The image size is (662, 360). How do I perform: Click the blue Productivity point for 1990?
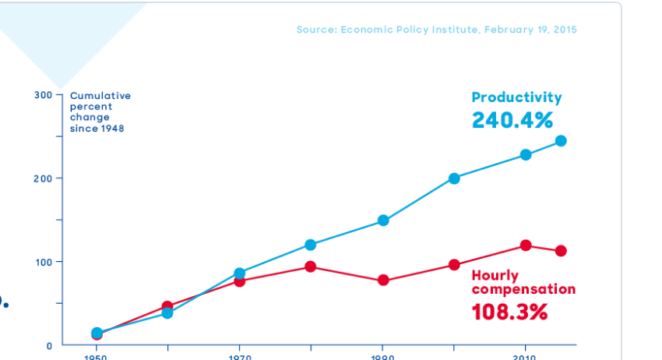point(383,221)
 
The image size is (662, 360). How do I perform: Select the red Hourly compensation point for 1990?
point(383,281)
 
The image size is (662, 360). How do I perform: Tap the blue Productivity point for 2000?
point(454,178)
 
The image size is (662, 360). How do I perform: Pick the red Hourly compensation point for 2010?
point(526,245)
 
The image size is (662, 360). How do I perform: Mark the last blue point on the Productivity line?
point(561,141)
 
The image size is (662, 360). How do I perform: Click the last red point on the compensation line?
point(561,251)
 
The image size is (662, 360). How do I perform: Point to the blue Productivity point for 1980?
point(311,245)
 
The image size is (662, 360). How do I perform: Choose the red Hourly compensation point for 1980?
point(311,266)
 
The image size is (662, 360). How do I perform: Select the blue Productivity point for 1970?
point(239,274)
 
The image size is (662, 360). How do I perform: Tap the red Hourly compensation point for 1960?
point(167,307)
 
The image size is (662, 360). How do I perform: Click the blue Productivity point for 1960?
point(167,313)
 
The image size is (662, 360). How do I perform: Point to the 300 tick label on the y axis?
point(43,95)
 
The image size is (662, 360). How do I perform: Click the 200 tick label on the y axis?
point(43,178)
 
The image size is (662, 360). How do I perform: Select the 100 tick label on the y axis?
point(43,262)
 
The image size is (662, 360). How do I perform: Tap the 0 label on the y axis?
point(48,345)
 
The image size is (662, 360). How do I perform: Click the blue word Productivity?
point(516,97)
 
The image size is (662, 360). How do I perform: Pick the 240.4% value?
point(512,120)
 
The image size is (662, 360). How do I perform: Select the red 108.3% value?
point(509,312)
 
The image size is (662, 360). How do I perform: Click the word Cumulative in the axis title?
point(100,96)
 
